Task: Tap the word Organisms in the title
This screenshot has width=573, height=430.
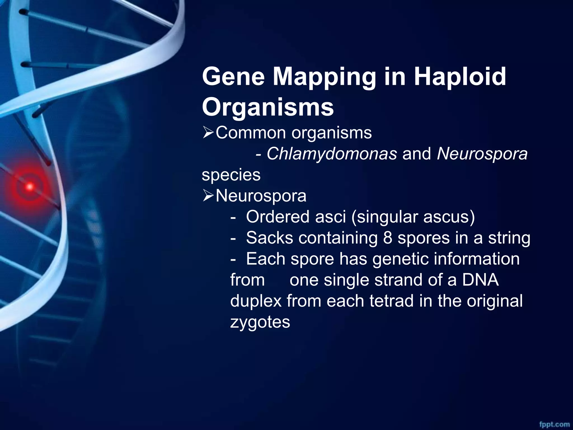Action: [x=268, y=107]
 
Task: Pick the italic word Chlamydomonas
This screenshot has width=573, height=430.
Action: [x=332, y=154]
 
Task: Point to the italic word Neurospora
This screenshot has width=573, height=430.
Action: [x=482, y=154]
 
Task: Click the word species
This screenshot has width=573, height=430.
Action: [x=231, y=175]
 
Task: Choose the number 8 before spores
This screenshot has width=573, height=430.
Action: [x=388, y=238]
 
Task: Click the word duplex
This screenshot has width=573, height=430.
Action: [x=256, y=301]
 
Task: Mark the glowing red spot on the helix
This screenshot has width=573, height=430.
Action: [x=30, y=186]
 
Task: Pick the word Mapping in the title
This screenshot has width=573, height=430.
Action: [x=324, y=77]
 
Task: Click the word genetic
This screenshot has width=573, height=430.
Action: [x=400, y=259]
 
